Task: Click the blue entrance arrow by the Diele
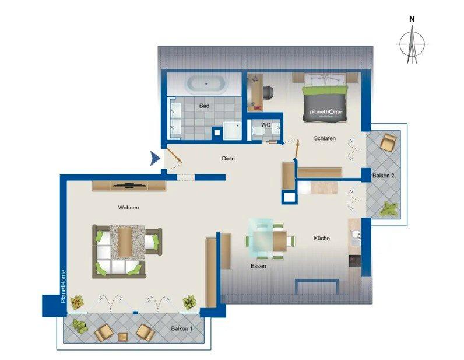click(154, 158)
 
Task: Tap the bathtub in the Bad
click(206, 85)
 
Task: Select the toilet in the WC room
click(259, 130)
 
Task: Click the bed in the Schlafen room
click(325, 98)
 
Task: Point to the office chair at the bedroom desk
click(268, 91)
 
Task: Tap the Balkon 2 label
click(383, 176)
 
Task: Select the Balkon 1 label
click(182, 328)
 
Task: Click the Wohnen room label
click(128, 208)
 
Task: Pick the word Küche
click(322, 238)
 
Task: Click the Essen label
click(258, 266)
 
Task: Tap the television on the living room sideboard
click(129, 186)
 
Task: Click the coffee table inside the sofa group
click(125, 242)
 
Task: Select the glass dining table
click(261, 239)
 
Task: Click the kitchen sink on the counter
click(356, 236)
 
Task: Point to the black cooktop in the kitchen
click(354, 261)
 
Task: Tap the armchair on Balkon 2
click(388, 142)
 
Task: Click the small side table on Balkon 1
click(123, 337)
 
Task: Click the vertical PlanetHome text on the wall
click(63, 286)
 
